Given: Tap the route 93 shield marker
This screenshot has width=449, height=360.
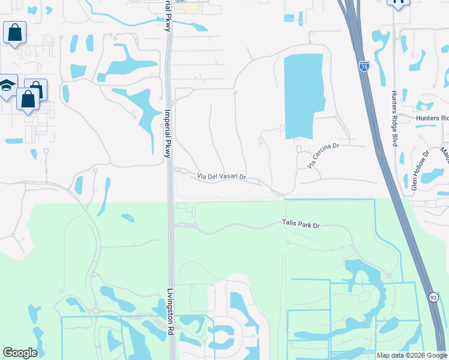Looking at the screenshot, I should point(433,297).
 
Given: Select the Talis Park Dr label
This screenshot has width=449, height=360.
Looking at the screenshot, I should point(301,224).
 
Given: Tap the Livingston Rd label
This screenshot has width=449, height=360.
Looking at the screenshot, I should point(170,309).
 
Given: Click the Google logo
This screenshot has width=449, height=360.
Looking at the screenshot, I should point(20,353).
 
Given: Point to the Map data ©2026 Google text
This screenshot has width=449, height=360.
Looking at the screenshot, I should point(412,355).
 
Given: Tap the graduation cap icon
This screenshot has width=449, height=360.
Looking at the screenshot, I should point(7,86).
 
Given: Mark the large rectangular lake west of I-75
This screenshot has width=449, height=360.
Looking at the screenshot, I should point(303,95).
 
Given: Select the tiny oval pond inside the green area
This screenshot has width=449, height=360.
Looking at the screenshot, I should point(127,218).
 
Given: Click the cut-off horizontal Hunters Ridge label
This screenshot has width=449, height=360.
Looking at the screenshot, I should point(432,119).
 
